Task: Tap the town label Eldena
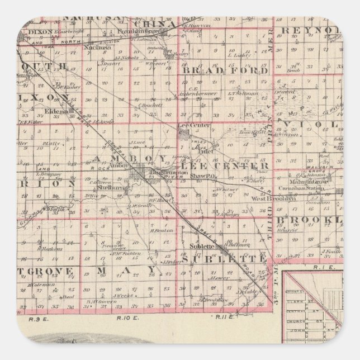click(60, 111)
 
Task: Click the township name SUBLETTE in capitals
click(225, 259)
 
